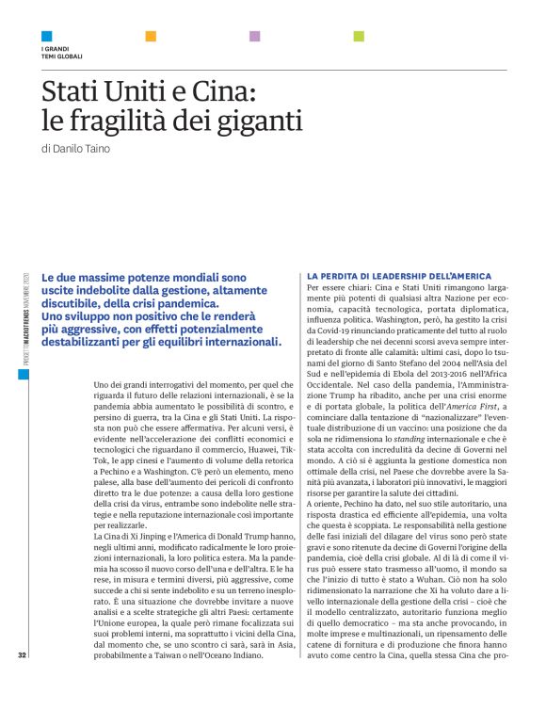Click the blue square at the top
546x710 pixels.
pyautogui.click(x=47, y=36)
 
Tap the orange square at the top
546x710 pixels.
pyautogui.click(x=151, y=36)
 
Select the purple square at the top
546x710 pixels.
pyautogui.click(x=254, y=36)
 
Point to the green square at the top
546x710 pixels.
pyautogui.click(x=359, y=36)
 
